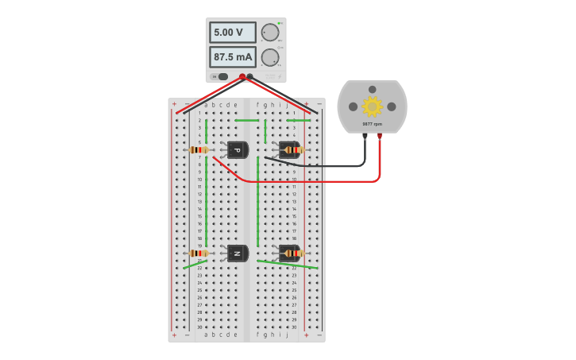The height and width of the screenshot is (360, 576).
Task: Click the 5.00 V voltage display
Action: pos(232,33)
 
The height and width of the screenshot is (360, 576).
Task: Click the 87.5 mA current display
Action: pos(232,57)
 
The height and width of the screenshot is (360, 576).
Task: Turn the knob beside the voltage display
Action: pos(270,33)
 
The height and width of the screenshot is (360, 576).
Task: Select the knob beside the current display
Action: pos(270,57)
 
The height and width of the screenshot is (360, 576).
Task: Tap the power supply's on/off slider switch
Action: pos(222,77)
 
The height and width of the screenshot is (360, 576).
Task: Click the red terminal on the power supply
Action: pos(242,77)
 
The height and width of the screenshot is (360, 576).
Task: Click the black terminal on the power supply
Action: pos(250,77)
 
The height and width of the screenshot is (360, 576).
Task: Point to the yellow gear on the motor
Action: pos(372,106)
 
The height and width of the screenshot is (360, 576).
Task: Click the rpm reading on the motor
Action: pos(372,124)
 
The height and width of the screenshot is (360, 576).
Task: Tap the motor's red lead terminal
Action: pos(379,136)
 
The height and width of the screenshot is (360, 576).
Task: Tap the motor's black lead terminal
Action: pos(365,136)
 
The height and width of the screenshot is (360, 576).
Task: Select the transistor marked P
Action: pos(237,149)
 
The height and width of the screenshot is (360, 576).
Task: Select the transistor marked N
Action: pos(237,254)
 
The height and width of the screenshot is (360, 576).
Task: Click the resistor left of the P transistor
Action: pos(199,149)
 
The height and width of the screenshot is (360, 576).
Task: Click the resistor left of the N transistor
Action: pos(199,254)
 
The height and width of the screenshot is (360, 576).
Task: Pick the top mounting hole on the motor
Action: pos(372,89)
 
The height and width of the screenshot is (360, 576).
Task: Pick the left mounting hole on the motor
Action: pos(353,106)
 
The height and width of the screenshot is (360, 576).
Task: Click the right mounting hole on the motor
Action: pos(391,106)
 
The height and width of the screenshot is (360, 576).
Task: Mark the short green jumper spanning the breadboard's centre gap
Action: pos(246,121)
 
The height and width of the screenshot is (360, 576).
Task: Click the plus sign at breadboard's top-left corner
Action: pos(175,104)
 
